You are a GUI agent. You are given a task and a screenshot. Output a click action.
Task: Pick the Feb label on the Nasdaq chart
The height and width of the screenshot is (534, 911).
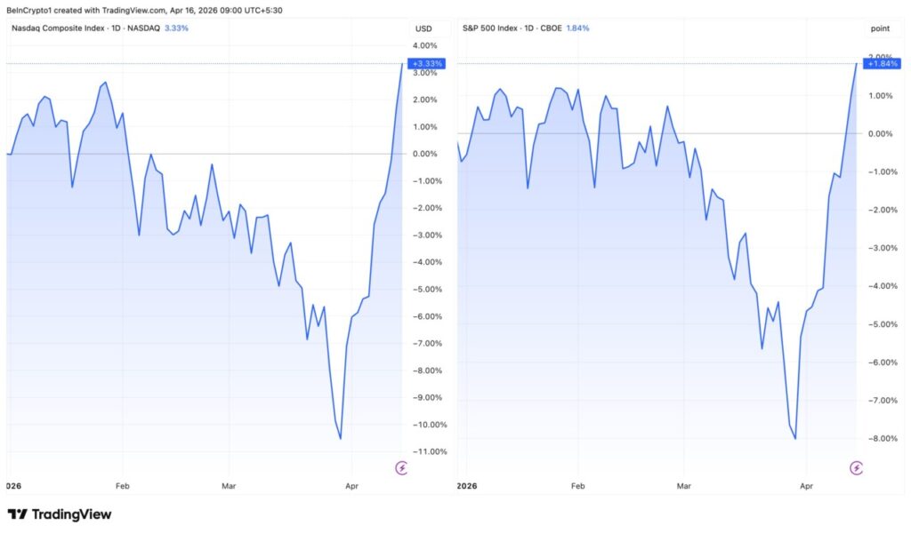coord(122,486)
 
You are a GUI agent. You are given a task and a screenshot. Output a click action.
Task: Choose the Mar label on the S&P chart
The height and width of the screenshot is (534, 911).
coord(683,486)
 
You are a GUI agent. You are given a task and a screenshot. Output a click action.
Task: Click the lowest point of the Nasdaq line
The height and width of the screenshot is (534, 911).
coord(341,438)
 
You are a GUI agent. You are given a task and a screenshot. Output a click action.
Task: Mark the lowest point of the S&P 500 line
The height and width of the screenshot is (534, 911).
coord(794,438)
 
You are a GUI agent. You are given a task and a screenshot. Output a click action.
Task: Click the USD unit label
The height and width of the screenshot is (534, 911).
coord(423,28)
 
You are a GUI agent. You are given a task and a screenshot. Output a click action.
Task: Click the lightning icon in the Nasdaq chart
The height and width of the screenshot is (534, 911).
coord(401,467)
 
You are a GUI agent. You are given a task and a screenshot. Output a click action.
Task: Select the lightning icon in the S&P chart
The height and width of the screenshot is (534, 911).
coord(856,467)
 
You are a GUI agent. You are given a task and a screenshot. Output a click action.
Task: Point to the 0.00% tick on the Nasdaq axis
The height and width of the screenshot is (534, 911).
coord(424,154)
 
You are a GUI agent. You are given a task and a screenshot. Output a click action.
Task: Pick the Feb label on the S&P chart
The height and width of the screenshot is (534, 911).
coord(577,486)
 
